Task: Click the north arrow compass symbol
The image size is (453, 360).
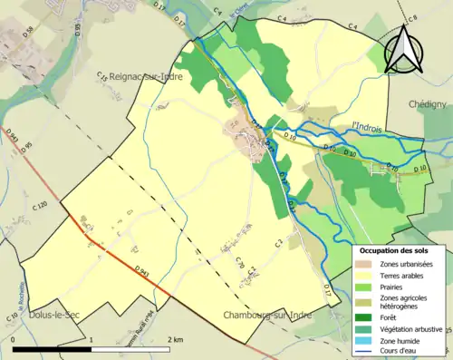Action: pyautogui.click(x=405, y=47)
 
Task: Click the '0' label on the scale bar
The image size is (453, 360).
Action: pyautogui.click(x=14, y=337)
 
